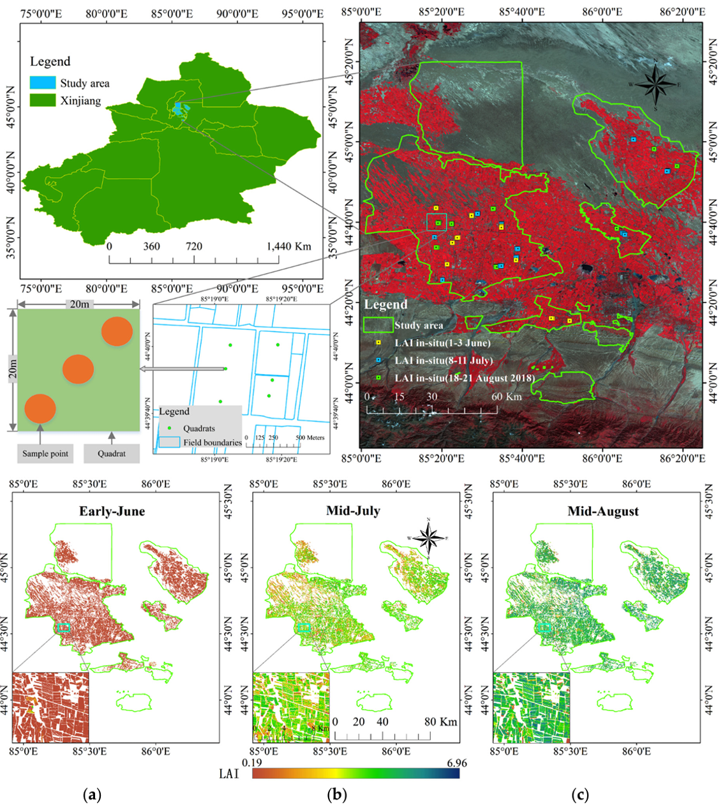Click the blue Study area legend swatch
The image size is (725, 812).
click(42, 83)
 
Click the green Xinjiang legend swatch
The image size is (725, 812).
click(42, 100)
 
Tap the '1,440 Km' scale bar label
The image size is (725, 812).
click(288, 246)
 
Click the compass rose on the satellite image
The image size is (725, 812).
click(655, 84)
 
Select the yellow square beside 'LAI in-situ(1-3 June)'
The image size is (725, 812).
click(378, 343)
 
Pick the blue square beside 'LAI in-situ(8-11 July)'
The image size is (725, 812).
click(378, 361)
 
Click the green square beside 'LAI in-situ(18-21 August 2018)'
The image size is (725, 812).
click(378, 379)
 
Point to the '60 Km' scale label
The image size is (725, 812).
click(506, 397)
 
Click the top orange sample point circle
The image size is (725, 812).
click(117, 331)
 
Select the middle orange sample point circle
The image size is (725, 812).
click(78, 368)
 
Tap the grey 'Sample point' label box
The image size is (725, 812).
click(45, 454)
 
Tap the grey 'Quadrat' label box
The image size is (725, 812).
click(112, 454)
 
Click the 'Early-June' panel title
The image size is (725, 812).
click(112, 511)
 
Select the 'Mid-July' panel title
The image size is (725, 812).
click(353, 511)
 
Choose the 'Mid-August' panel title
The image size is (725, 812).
click(603, 511)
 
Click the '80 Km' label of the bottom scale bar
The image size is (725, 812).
click(440, 722)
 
